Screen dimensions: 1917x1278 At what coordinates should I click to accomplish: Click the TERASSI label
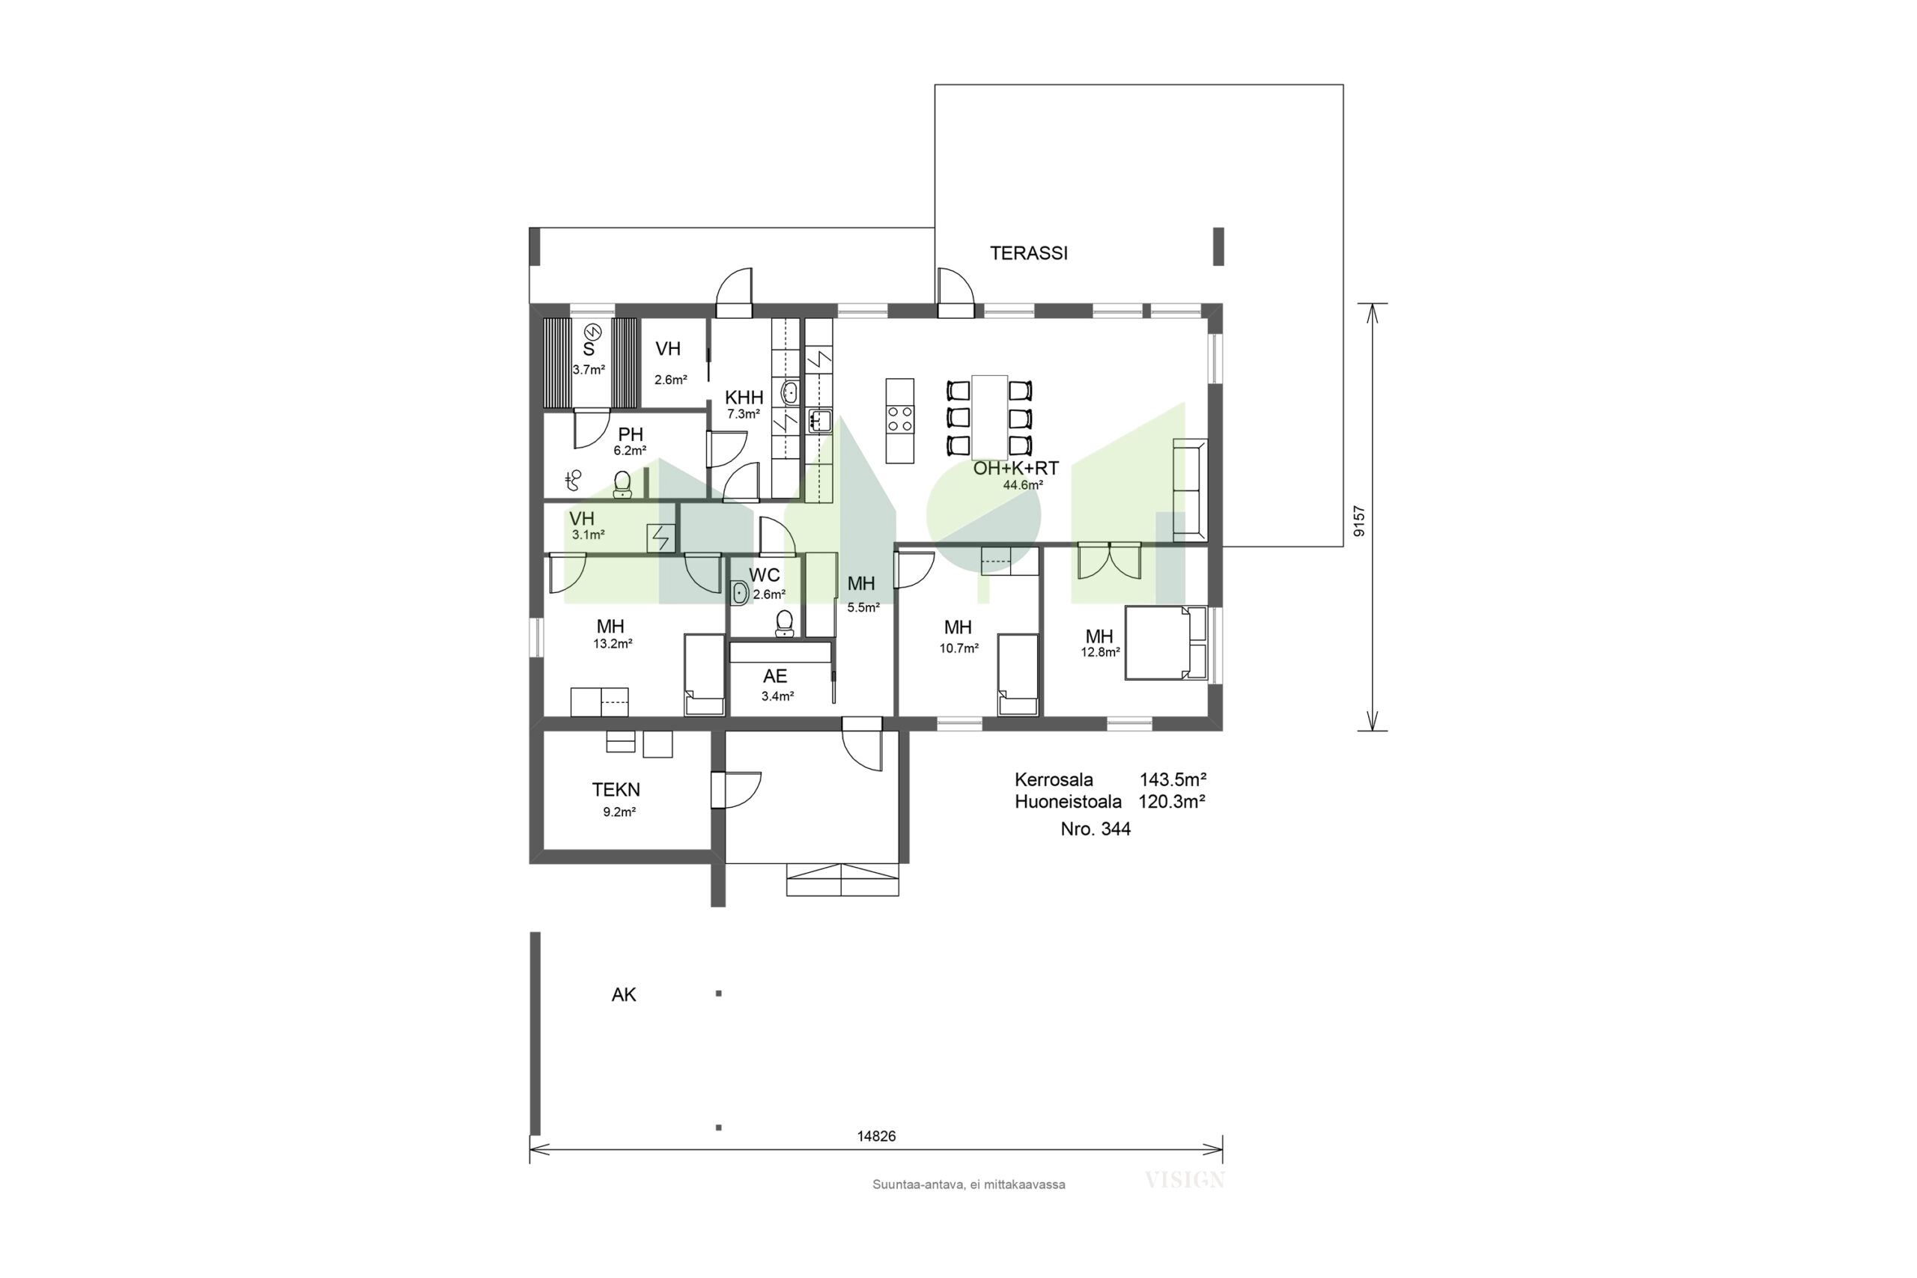coord(1029,254)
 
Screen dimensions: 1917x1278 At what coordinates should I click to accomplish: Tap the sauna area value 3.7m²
coord(589,369)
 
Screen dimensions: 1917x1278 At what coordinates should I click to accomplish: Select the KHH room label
coord(744,398)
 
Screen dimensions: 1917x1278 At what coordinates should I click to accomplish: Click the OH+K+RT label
coord(1015,469)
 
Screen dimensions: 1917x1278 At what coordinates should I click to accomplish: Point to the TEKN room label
coord(616,790)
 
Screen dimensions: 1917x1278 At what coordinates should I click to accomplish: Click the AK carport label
coord(624,994)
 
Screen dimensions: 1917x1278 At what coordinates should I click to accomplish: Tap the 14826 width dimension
coord(876,1136)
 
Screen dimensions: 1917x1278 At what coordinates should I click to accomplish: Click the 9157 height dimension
coord(1358,521)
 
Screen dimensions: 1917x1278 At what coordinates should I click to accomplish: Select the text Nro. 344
coord(1096,830)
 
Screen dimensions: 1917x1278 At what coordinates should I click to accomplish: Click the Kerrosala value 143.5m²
coord(1173,779)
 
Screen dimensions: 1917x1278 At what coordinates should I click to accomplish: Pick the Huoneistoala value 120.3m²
coord(1172,801)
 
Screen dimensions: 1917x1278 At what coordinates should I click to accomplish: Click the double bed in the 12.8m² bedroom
coord(1165,642)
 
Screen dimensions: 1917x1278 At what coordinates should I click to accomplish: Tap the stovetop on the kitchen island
coord(900,420)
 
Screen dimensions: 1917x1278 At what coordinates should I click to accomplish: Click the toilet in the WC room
coord(784,624)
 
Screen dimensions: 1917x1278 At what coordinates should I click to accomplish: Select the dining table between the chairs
coord(989,417)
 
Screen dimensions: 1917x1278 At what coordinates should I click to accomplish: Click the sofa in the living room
coord(1190,490)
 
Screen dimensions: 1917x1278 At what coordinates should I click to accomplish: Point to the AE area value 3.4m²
coord(777,697)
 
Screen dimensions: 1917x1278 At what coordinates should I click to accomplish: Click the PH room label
coord(631,434)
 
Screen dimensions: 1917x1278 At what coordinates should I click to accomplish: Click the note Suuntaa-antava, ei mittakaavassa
coord(968,1185)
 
